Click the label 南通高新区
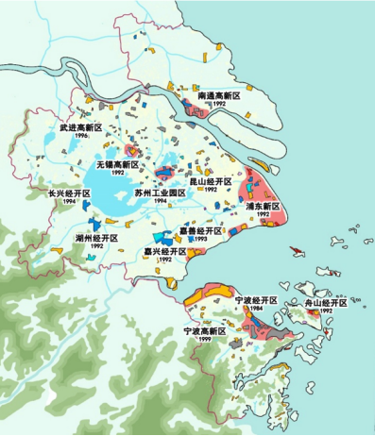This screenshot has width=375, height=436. [219, 96]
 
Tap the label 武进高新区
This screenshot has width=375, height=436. [79, 126]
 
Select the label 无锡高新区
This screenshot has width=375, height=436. [115, 164]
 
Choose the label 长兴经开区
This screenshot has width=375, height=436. [69, 193]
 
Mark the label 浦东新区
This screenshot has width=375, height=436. [263, 206]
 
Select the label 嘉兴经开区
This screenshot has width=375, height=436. [165, 252]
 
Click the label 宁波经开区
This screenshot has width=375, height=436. [257, 299]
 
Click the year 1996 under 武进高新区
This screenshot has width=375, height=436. [80, 136]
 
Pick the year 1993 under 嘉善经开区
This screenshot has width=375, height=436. [201, 239]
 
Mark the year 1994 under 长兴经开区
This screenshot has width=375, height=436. [69, 202]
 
